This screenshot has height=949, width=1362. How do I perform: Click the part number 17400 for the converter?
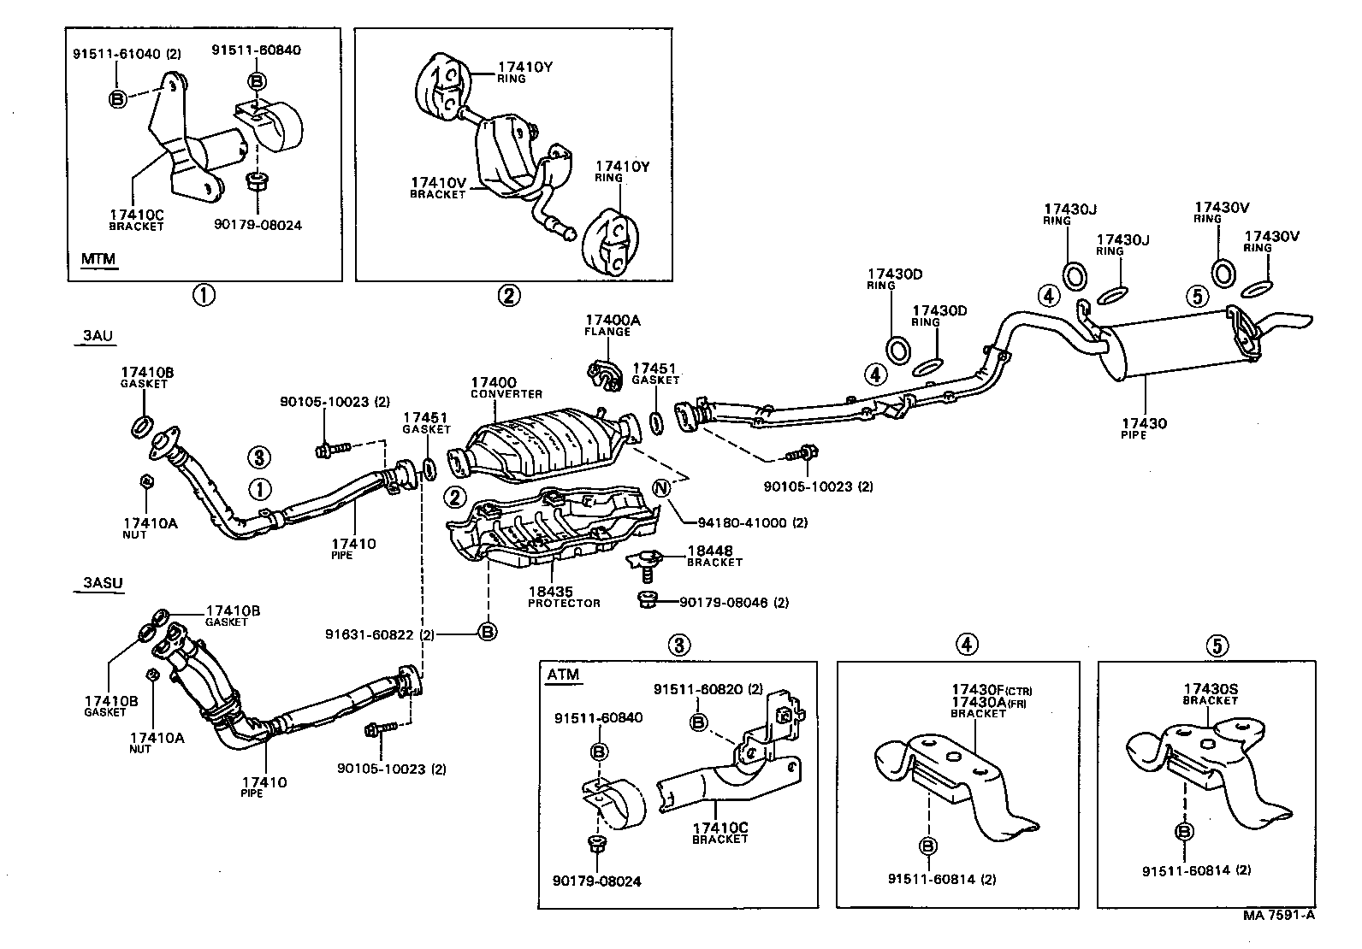[493, 383]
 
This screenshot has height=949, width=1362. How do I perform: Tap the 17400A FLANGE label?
[613, 325]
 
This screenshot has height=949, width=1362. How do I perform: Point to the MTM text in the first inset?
[98, 259]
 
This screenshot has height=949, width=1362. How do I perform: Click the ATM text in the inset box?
[563, 675]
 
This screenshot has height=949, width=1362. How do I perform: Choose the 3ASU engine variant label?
[103, 583]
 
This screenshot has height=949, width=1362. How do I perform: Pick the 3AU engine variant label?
[98, 335]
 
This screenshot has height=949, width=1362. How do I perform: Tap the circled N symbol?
[661, 488]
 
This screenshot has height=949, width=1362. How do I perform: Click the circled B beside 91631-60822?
[487, 632]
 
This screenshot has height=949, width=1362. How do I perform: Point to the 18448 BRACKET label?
[714, 556]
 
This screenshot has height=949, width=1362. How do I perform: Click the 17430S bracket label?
[1210, 694]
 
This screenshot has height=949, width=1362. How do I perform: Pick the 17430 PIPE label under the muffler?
[1144, 428]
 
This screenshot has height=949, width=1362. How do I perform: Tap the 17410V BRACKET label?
[438, 188]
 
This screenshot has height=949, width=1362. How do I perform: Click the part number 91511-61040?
[116, 54]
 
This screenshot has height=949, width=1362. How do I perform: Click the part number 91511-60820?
[698, 689]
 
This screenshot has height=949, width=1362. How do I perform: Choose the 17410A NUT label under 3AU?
[151, 528]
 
